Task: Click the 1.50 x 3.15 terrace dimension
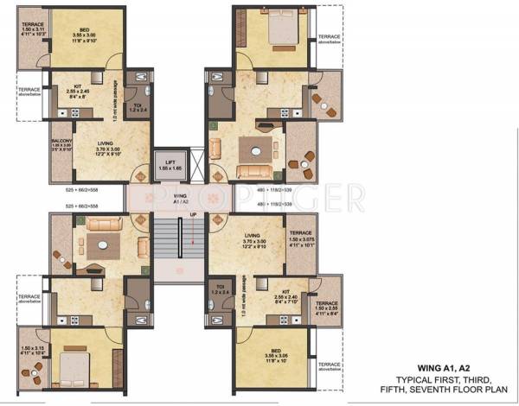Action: (x=31, y=349)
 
